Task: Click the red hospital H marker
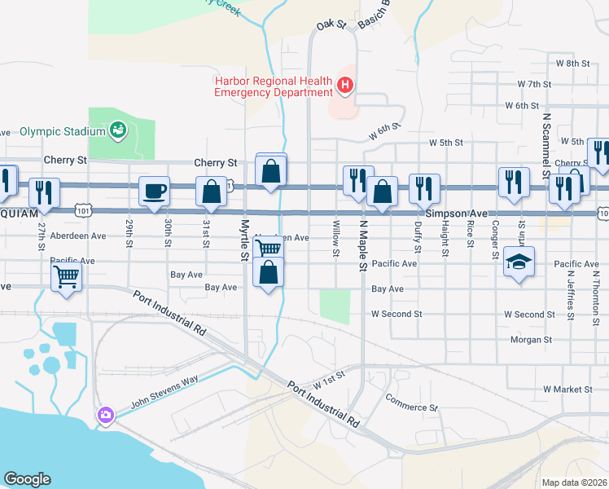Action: pos(345,84)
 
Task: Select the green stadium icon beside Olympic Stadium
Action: pos(118,130)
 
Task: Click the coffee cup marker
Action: pos(155,192)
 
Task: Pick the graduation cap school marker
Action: pos(519,262)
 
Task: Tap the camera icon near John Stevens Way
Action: pos(106,416)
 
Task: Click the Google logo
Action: pos(27,479)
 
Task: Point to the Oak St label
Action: pos(331,26)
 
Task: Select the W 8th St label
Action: pos(572,63)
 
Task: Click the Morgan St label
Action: pos(531,339)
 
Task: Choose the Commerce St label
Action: pos(411,407)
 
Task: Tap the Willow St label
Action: pos(335,239)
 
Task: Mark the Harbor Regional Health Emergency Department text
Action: pos(273,86)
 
